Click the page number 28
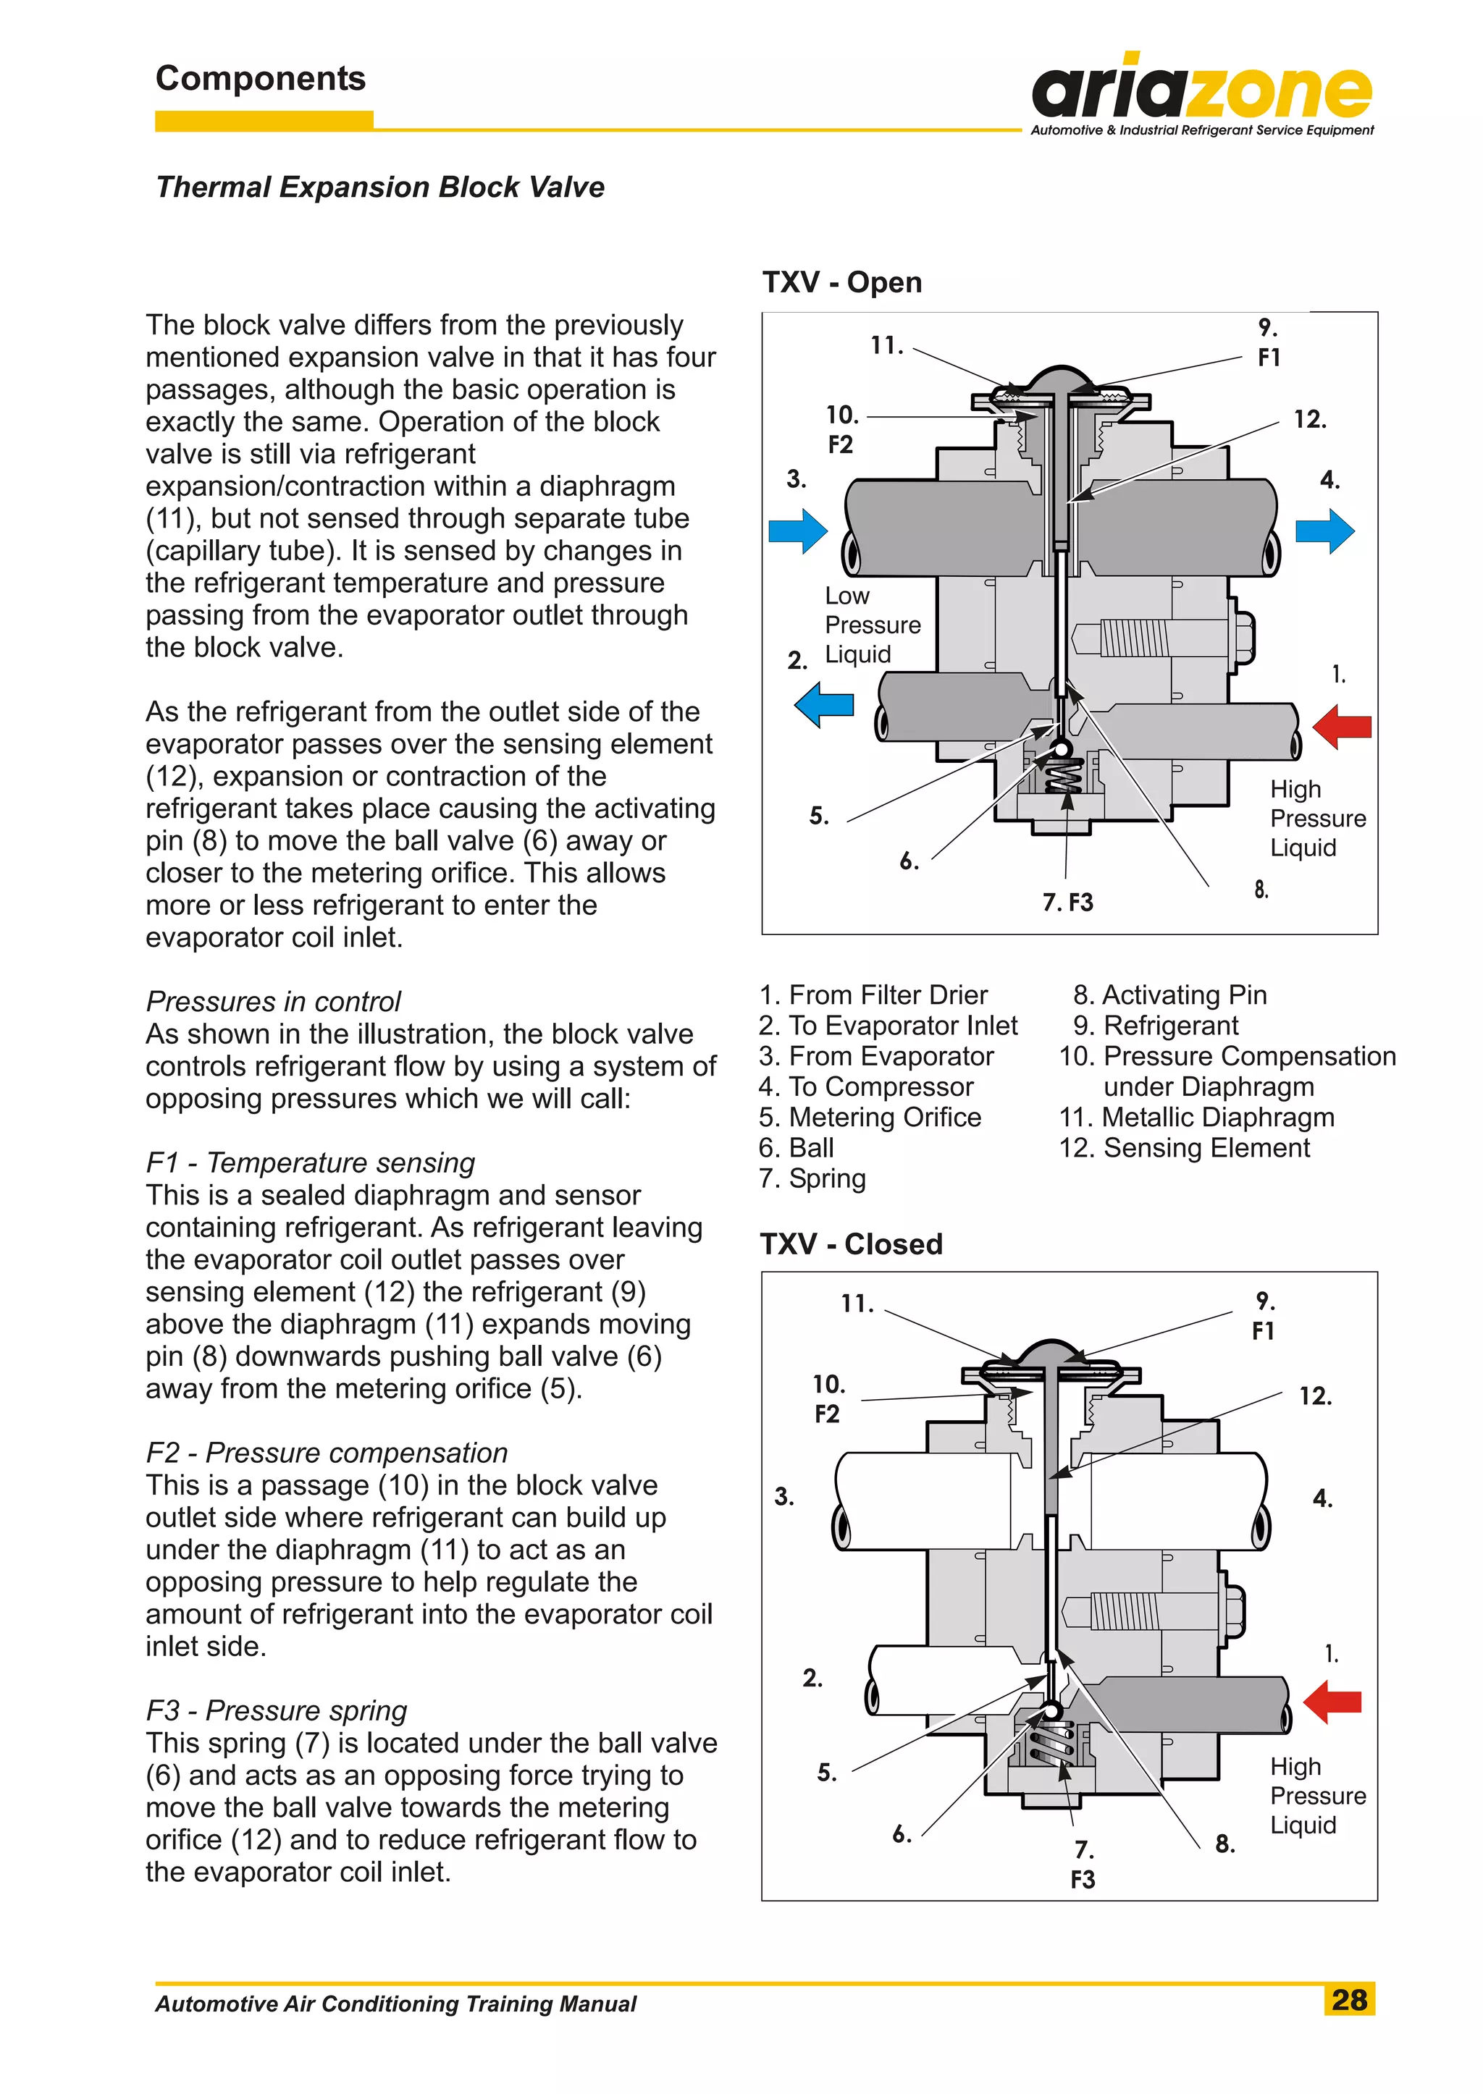(1349, 1999)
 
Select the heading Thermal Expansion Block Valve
(380, 187)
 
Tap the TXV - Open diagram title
(842, 282)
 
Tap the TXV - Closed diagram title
(851, 1244)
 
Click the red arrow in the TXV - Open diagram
(1342, 726)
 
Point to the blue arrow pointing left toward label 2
(823, 705)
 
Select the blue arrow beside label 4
(1325, 531)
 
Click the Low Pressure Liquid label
(872, 625)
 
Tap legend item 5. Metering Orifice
(870, 1118)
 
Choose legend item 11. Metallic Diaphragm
(1196, 1118)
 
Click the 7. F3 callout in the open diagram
(1067, 902)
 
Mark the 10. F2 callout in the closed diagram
(828, 1398)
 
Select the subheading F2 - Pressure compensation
(327, 1452)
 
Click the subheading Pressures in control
(273, 1001)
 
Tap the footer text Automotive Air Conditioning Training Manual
(395, 2004)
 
